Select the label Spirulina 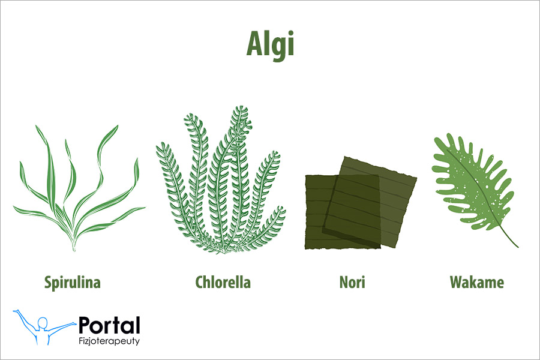(72, 282)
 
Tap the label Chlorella (223, 282)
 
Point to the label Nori (352, 282)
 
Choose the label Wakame (477, 282)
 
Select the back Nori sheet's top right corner (415, 178)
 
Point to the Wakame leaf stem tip (517, 247)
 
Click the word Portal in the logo (109, 326)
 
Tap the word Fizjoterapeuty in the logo (109, 341)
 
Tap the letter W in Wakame (456, 282)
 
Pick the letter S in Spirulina (48, 282)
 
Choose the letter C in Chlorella (200, 282)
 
